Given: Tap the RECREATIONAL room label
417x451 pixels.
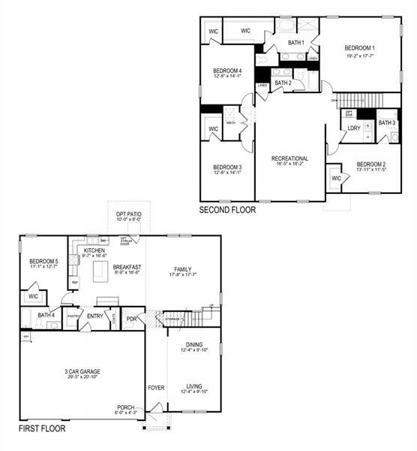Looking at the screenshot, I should (289, 159).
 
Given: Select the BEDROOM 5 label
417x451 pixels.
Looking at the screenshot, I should (44, 261).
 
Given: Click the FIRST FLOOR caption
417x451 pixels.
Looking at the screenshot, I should (41, 429).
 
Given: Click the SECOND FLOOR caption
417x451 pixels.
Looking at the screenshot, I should (227, 210).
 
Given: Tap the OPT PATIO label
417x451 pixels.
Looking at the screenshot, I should (129, 214).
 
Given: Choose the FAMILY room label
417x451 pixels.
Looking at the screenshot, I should (182, 268).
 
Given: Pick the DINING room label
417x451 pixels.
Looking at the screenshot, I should (194, 344).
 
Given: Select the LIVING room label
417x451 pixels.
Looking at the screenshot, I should (194, 386).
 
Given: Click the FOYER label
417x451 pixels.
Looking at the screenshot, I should (156, 389).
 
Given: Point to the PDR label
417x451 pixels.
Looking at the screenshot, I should (132, 318).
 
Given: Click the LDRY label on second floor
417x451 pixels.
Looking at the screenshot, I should (354, 128).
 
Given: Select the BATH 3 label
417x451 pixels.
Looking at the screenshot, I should (386, 123).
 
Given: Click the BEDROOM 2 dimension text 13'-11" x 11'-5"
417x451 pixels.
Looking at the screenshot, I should (370, 170).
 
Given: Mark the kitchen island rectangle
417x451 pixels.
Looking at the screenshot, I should (100, 272).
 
